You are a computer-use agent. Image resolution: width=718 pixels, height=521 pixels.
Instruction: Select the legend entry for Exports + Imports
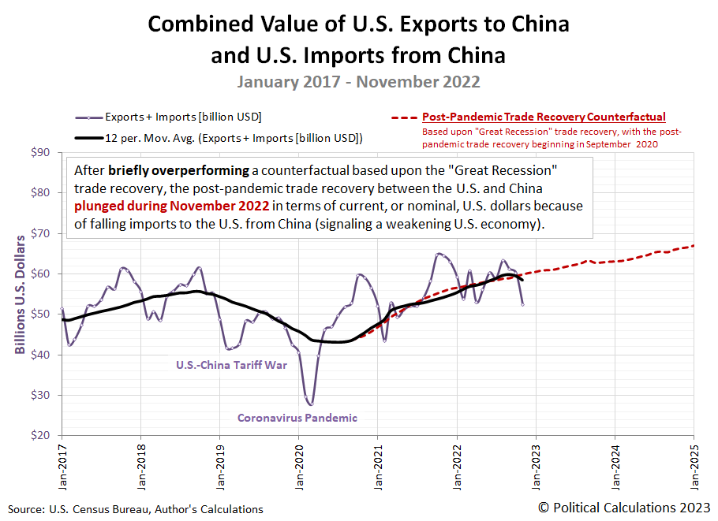pyautogui.click(x=183, y=117)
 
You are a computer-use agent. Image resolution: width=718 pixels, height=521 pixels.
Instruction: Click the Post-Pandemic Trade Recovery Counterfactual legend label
pyautogui.click(x=544, y=117)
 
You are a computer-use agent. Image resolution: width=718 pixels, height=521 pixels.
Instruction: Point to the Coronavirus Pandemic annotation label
pyautogui.click(x=297, y=418)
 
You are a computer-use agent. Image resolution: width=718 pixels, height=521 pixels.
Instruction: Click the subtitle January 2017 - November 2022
pyautogui.click(x=358, y=81)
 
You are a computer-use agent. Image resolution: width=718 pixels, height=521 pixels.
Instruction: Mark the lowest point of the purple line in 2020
pyautogui.click(x=310, y=404)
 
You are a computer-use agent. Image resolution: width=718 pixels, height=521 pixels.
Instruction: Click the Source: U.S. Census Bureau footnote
pyautogui.click(x=135, y=509)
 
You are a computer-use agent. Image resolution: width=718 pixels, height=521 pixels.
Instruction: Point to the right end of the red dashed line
pyautogui.click(x=694, y=246)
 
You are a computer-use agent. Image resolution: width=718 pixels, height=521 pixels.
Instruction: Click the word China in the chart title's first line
pyautogui.click(x=540, y=24)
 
